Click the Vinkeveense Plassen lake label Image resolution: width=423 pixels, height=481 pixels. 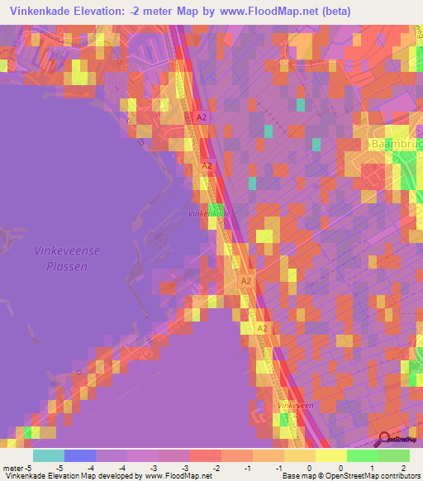pos(61,258)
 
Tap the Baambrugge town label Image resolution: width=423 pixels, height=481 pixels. pos(396,144)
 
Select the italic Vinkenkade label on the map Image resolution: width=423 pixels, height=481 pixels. pos(211,214)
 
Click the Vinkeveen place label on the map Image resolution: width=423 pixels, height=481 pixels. pos(297,406)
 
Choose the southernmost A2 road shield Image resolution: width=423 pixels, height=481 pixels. pos(262,329)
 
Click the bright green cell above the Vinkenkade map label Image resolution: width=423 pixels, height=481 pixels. pos(216,208)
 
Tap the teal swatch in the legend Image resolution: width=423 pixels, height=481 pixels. pos(48,455)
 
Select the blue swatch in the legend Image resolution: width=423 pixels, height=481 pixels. pos(79,455)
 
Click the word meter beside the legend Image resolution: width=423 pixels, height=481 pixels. pos(12,468)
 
